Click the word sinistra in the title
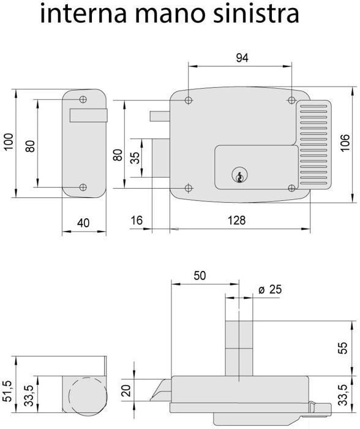[x=256, y=13]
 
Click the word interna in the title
[x=83, y=13]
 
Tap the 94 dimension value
[x=242, y=58]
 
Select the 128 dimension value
[x=237, y=220]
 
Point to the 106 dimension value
[x=345, y=143]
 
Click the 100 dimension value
[x=9, y=142]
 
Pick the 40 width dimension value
[x=83, y=223]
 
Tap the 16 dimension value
[x=137, y=220]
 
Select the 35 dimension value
[x=135, y=158]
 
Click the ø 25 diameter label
[x=270, y=289]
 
